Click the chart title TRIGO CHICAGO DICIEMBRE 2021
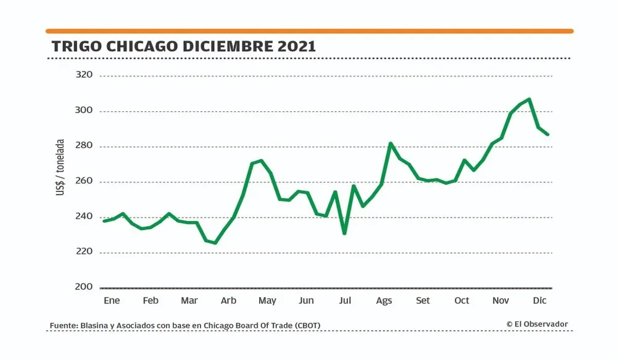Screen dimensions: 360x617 tap(184, 46)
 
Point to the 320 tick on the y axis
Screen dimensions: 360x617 tap(83, 75)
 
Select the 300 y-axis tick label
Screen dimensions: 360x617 tap(83, 111)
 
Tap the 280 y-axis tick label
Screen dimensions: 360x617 tap(83, 146)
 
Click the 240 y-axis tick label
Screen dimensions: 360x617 tap(83, 217)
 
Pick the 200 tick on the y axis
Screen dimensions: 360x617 tap(83, 287)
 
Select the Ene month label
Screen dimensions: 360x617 tap(111, 301)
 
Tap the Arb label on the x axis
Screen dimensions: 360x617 tap(228, 301)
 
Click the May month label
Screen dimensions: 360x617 tap(267, 301)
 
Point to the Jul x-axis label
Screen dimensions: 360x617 tap(345, 301)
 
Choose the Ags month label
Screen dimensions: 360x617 tap(384, 301)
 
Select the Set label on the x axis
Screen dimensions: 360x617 tap(423, 301)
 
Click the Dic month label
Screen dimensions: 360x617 tap(540, 301)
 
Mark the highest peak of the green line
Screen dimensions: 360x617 tap(529, 99)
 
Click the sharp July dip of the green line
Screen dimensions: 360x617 tap(344, 233)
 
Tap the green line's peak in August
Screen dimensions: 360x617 tap(391, 143)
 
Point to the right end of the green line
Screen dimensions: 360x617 tap(547, 134)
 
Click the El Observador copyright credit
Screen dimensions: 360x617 tap(537, 324)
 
